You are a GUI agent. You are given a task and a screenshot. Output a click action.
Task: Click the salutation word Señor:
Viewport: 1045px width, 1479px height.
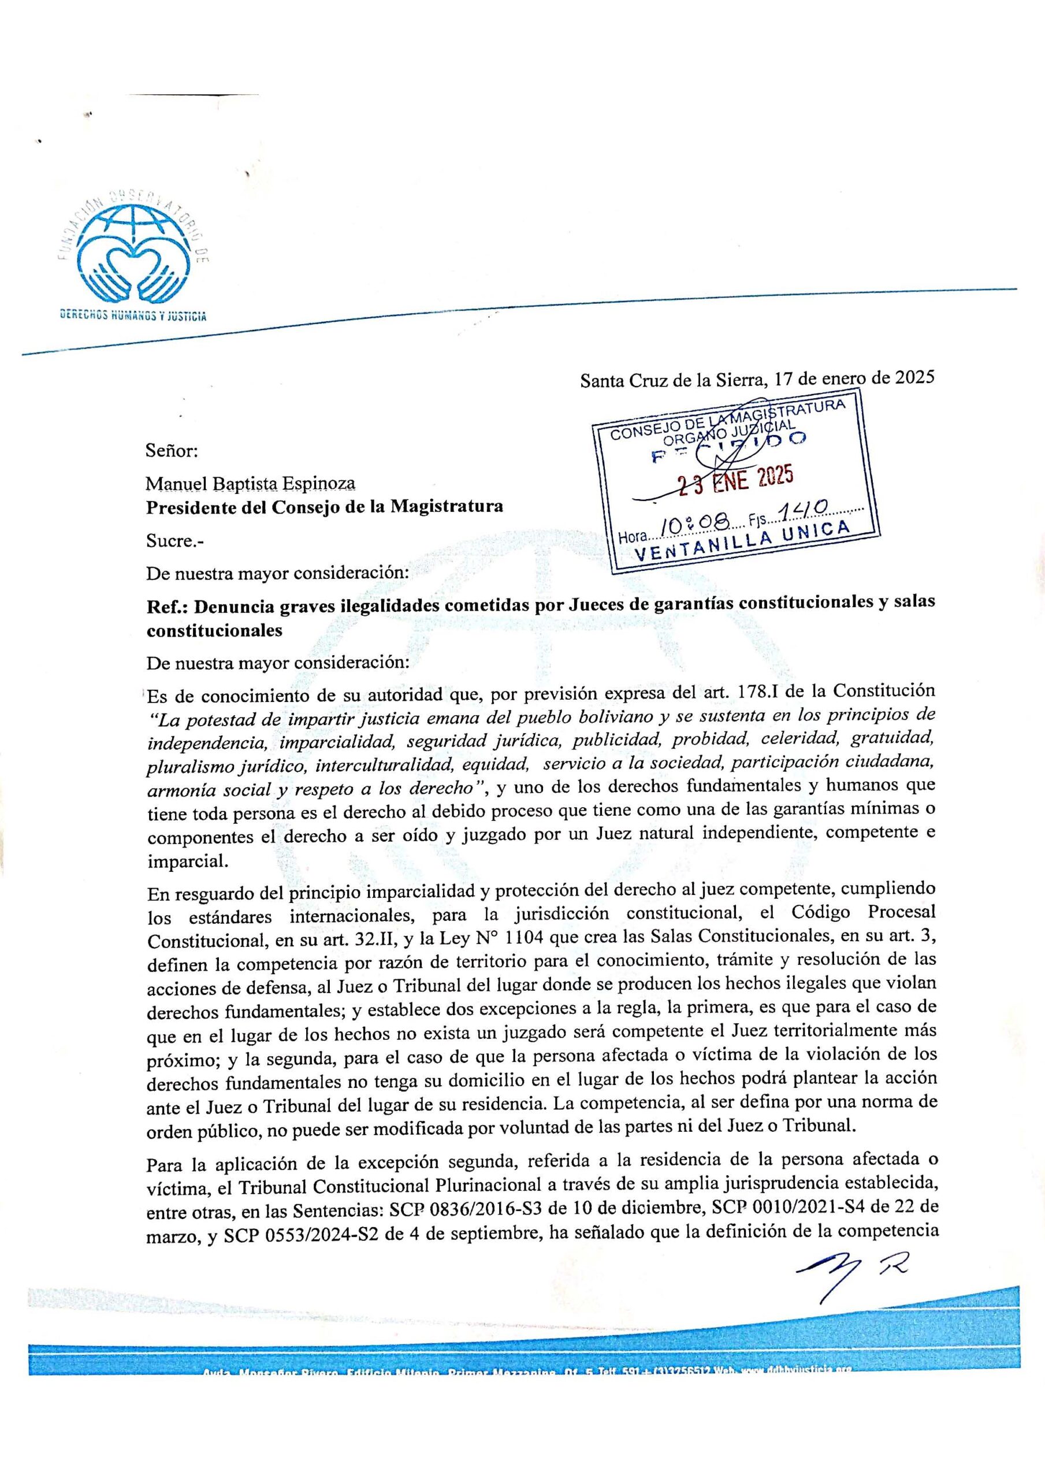(x=172, y=450)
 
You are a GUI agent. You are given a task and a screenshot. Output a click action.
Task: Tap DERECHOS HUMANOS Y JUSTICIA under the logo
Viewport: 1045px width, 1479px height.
(x=133, y=315)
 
